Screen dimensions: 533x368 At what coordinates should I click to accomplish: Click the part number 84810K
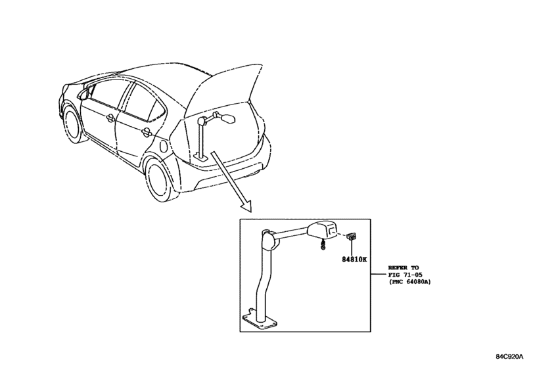354,260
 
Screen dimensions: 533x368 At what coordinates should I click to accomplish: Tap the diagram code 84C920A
509,356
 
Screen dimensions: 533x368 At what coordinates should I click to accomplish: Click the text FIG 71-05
406,275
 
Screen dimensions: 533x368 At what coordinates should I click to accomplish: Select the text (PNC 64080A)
409,282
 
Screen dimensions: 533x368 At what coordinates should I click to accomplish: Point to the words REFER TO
404,267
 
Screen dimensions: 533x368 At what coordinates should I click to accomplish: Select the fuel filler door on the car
163,147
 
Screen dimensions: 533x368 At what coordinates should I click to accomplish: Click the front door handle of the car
110,118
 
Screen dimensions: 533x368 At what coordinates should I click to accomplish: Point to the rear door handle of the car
146,133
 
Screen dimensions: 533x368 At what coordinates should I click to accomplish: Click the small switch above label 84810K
352,237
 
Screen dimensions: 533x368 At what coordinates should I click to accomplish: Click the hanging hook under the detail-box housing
322,244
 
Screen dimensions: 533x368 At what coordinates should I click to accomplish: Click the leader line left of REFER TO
379,274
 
